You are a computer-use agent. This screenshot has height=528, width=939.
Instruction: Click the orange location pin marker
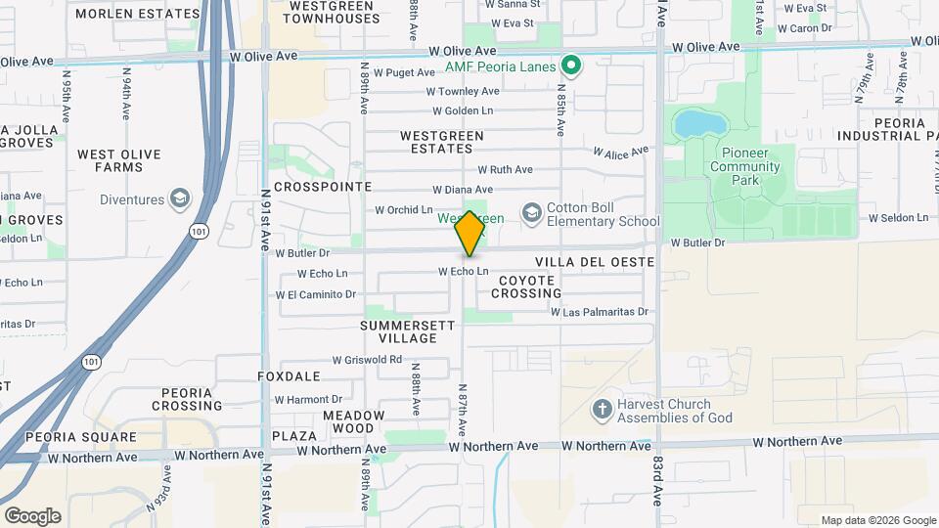pyautogui.click(x=469, y=233)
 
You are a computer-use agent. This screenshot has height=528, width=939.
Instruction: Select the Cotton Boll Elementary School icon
pyautogui.click(x=531, y=213)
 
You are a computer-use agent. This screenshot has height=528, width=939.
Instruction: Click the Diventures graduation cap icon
pyautogui.click(x=179, y=199)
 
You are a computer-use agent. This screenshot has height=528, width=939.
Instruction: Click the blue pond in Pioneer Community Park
pyautogui.click(x=701, y=123)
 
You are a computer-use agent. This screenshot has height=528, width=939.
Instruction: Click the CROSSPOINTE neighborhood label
pyautogui.click(x=323, y=186)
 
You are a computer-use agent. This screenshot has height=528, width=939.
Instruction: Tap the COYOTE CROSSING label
pyautogui.click(x=528, y=286)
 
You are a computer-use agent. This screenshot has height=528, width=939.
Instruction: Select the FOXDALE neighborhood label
pyautogui.click(x=289, y=375)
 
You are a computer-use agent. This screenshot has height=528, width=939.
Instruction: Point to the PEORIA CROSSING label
pyautogui.click(x=187, y=399)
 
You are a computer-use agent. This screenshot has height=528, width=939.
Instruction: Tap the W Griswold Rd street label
pyautogui.click(x=367, y=360)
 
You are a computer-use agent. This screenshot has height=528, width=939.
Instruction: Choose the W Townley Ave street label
pyautogui.click(x=462, y=91)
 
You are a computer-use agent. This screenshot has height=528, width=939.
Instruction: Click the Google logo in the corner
pyautogui.click(x=32, y=515)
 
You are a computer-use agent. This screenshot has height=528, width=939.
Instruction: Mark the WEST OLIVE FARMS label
pyautogui.click(x=119, y=160)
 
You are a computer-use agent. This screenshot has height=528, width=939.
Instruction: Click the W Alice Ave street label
pyautogui.click(x=621, y=153)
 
